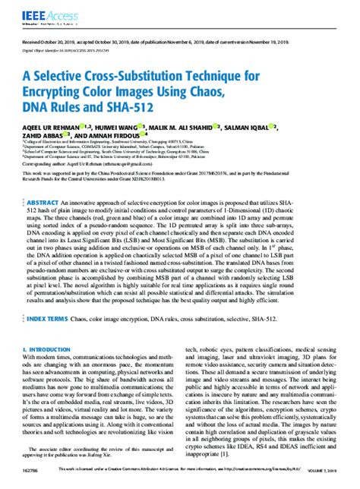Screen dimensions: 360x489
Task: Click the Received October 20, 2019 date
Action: tap(55, 44)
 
